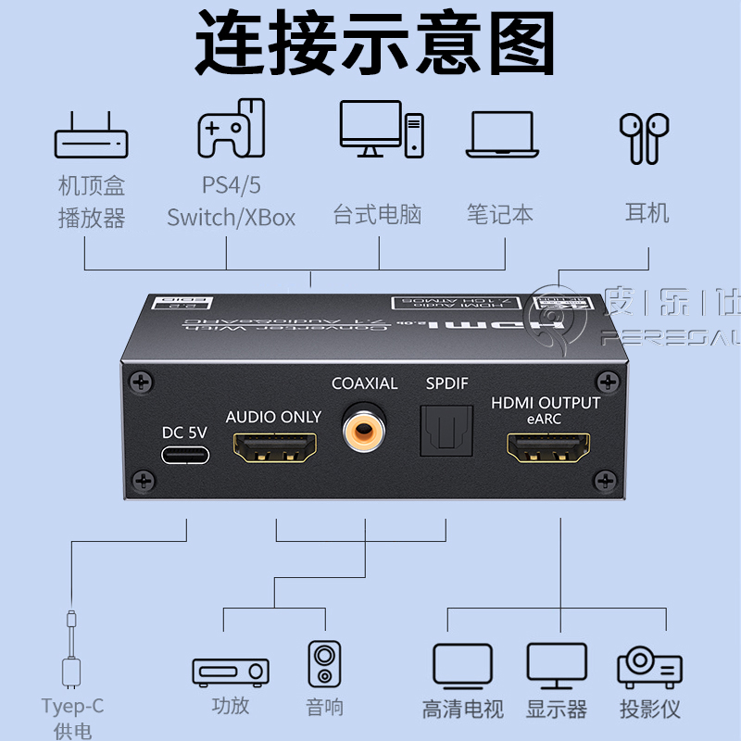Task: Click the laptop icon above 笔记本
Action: click(501, 134)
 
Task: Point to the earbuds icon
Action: click(644, 137)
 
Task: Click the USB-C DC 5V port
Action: click(185, 455)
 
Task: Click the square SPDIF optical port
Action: click(447, 430)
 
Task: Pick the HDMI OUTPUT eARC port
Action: click(553, 450)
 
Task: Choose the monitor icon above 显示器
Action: click(557, 665)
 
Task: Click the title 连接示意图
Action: click(374, 42)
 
